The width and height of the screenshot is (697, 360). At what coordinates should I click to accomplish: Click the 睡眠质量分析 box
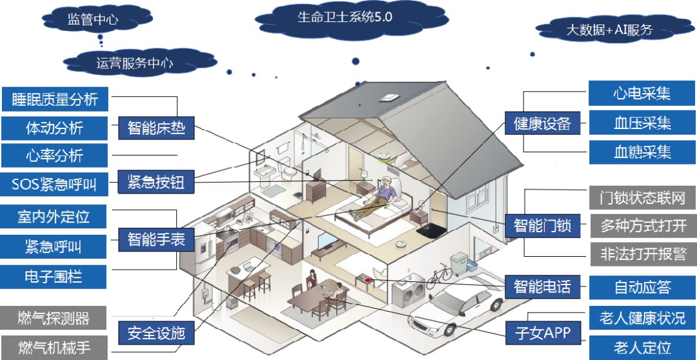point(55,99)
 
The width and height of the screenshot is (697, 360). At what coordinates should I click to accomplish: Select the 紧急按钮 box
point(156,183)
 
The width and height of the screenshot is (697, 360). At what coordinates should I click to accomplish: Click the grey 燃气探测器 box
point(54,318)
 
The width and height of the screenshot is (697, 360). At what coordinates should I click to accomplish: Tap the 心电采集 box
point(641,94)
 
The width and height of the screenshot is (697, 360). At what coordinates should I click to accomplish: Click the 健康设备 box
point(542,123)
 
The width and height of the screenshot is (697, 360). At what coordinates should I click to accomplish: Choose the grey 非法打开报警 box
point(643,254)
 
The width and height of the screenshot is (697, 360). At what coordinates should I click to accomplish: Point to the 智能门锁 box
point(542,226)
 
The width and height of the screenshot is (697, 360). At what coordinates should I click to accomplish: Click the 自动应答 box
point(641,286)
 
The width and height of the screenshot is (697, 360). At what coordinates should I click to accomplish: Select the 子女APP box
point(542,333)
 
